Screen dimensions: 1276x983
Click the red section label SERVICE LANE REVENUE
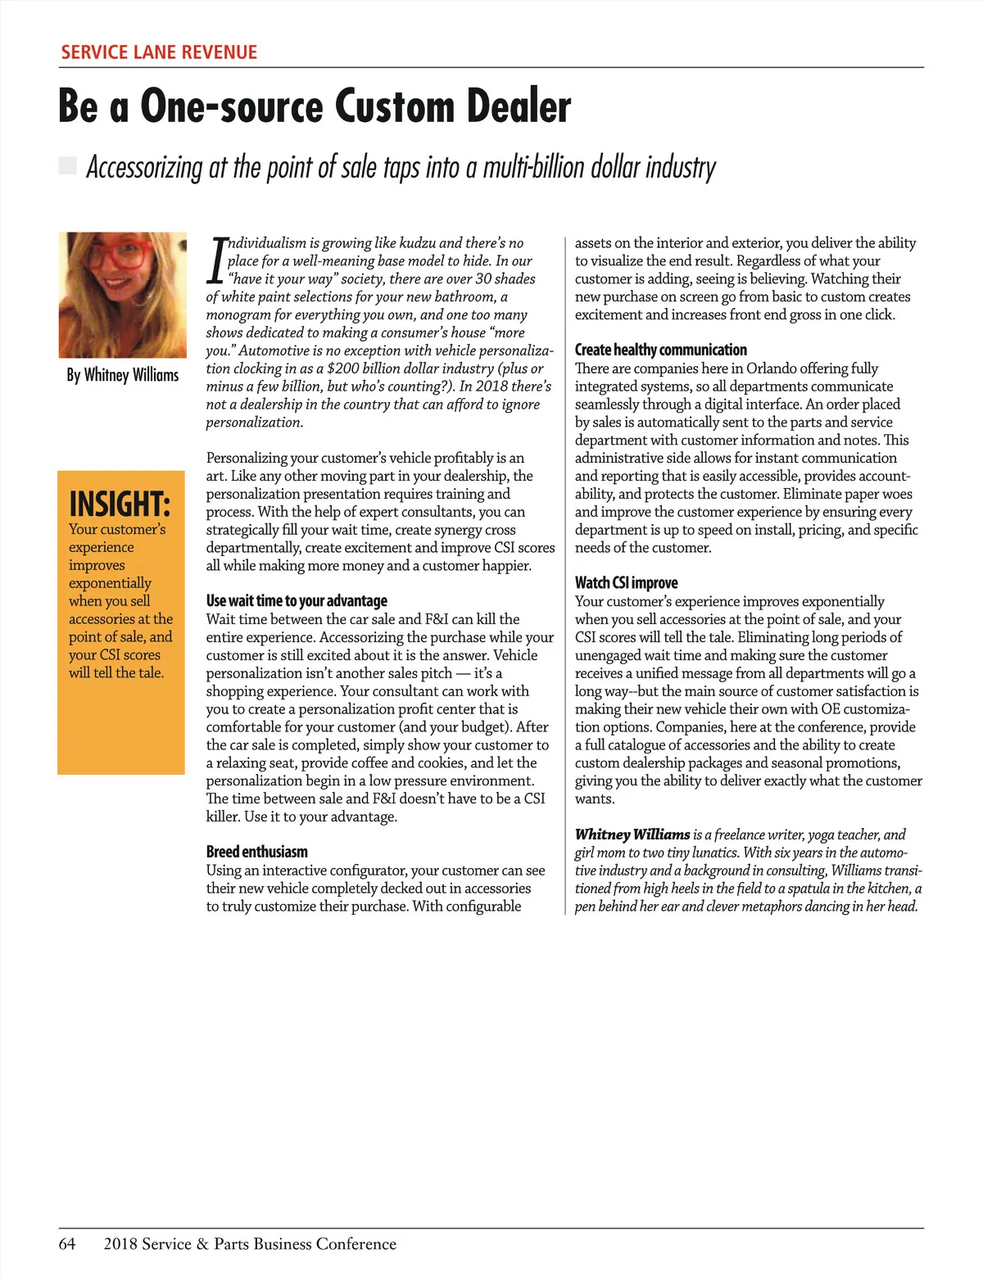159,52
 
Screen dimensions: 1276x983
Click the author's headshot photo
122,295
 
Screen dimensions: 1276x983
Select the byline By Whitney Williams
123,375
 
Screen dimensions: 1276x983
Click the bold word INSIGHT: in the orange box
120,503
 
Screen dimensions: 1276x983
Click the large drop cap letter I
217,260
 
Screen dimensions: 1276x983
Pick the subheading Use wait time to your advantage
297,600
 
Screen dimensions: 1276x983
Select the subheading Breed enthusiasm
257,852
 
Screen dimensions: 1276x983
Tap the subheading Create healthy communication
661,350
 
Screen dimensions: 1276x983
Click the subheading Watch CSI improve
627,582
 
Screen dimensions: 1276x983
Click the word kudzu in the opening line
417,243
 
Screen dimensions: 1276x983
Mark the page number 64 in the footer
67,1243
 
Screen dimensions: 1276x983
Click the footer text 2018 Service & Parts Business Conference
250,1243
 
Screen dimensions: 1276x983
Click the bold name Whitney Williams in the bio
632,835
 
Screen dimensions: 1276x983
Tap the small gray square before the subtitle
68,166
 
